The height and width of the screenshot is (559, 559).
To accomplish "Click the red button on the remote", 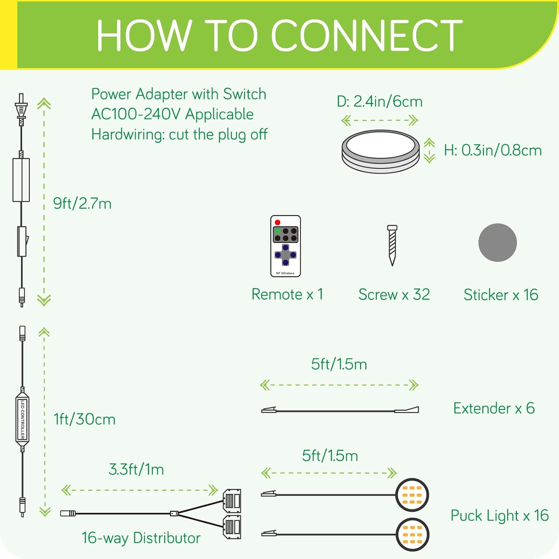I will [277, 222].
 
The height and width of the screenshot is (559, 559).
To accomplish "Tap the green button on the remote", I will [277, 231].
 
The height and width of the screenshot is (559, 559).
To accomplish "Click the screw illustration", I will [392, 245].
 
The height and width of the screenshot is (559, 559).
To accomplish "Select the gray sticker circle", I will [498, 243].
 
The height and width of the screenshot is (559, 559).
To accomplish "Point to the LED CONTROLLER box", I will [22, 419].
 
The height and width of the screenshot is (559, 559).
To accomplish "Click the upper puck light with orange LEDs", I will [412, 495].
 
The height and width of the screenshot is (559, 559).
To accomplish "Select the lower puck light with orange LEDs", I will [412, 535].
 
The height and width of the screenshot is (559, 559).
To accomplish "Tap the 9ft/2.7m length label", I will [82, 203].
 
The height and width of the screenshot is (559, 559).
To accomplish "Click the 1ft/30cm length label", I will [85, 419].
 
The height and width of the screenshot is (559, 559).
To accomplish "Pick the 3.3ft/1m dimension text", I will [136, 469].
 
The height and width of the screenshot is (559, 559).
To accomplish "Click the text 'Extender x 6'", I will [494, 408].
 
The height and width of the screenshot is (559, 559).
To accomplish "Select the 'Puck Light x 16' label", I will [499, 516].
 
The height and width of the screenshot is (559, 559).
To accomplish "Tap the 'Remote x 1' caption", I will [287, 294].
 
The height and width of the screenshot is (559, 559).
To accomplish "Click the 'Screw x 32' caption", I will [394, 295].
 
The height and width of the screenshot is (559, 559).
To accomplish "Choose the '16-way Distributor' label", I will [141, 538].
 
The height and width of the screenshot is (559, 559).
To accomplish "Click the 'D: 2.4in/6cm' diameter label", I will [379, 101].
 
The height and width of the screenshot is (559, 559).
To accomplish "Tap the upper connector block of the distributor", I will [232, 501].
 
